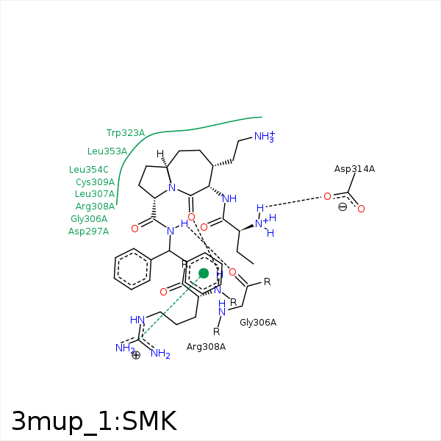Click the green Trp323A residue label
pyautogui.click(x=126, y=133)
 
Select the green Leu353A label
pyautogui.click(x=107, y=151)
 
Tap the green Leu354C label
pyautogui.click(x=89, y=170)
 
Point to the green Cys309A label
pyautogui.click(x=96, y=182)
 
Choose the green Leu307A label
pyautogui.click(x=95, y=194)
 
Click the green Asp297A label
pyautogui.click(x=88, y=232)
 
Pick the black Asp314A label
pyautogui.click(x=354, y=169)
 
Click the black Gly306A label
pyautogui.click(x=258, y=323)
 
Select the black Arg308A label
pyautogui.click(x=206, y=347)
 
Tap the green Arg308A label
pyautogui.click(x=95, y=207)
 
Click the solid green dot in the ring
pyautogui.click(x=204, y=273)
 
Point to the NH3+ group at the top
pyautogui.click(x=265, y=137)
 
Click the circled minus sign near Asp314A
pyautogui.click(x=343, y=207)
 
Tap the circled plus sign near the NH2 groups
pyautogui.click(x=136, y=355)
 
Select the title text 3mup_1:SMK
pyautogui.click(x=94, y=421)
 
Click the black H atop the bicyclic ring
pyautogui.click(x=160, y=154)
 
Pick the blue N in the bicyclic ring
pyautogui.click(x=172, y=187)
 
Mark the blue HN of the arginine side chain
pyautogui.click(x=137, y=320)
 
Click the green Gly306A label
pyautogui.click(x=89, y=219)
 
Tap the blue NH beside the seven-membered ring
pyautogui.click(x=229, y=199)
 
